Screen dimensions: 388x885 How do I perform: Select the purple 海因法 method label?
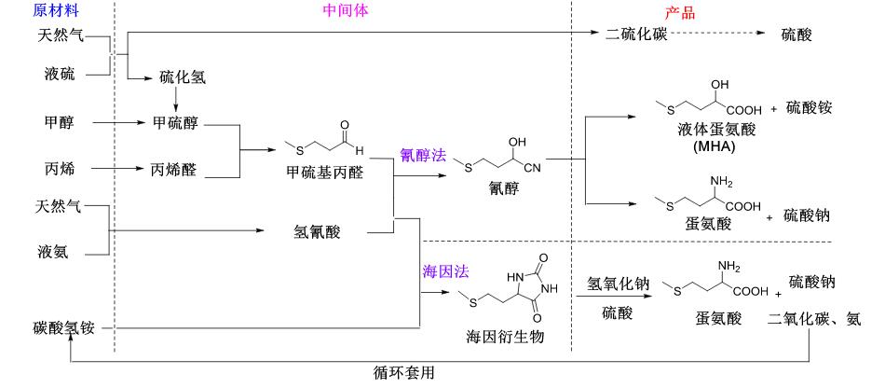(x=445, y=271)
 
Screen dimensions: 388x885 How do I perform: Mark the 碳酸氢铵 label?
(x=62, y=328)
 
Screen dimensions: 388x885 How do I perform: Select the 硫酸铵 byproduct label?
(x=809, y=107)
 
